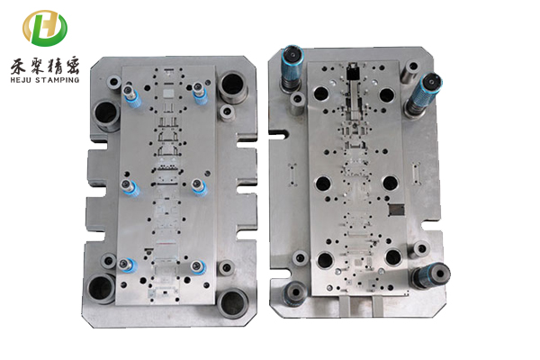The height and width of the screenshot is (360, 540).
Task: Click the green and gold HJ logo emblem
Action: coord(45,28)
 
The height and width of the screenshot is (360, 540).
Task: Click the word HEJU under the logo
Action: coord(22,80)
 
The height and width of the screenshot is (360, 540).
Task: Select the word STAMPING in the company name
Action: coord(58,80)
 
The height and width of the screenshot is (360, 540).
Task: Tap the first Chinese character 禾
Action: coord(18,66)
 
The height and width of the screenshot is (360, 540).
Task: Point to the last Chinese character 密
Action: coord(72,66)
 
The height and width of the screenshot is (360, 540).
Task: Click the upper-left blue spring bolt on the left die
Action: coord(131,95)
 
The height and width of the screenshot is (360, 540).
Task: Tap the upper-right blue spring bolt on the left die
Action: coord(200,93)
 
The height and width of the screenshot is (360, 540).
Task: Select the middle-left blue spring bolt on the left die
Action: coord(130,188)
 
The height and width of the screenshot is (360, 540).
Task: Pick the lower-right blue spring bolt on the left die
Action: coord(199,267)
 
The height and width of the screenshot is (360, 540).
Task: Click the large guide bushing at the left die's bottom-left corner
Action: coord(101,289)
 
